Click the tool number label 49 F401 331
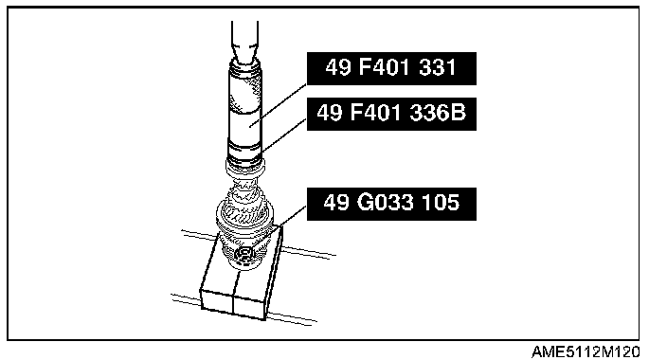(391, 68)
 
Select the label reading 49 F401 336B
(391, 114)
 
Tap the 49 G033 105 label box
(391, 204)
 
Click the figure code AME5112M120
(586, 351)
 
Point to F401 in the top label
(386, 67)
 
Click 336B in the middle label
(438, 113)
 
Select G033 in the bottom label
(385, 202)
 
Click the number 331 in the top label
(438, 67)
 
